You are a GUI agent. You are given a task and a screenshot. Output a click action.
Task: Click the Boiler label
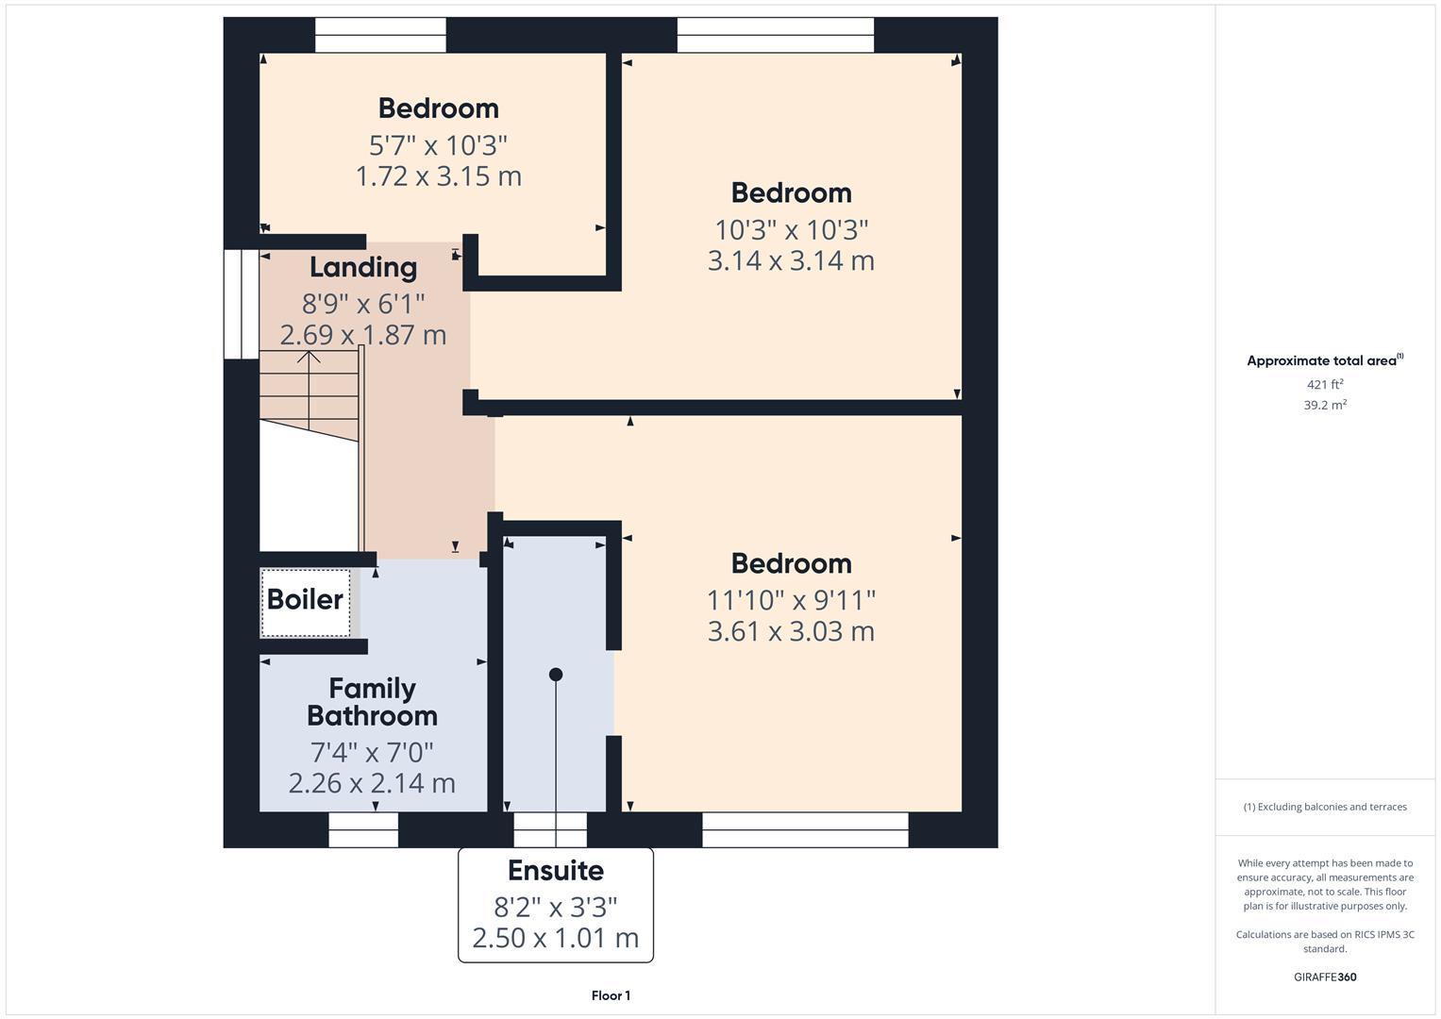point(305,599)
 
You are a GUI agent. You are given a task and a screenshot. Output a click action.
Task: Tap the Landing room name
point(363,268)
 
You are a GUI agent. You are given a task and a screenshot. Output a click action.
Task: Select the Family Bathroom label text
point(372,702)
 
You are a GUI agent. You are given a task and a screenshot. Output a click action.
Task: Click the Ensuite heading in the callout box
point(555,870)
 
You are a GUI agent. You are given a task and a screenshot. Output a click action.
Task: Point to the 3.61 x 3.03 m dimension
point(791,631)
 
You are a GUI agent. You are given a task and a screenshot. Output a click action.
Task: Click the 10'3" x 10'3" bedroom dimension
point(791,229)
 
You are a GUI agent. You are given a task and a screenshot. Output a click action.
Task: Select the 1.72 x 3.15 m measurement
point(438,176)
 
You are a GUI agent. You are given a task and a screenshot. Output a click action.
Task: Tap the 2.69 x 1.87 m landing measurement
point(363,335)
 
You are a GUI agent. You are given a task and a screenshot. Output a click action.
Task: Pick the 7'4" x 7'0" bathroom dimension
point(372,752)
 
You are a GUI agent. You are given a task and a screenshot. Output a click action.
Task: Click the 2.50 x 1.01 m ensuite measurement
point(555,938)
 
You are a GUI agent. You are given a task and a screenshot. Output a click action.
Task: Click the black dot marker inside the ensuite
point(556,675)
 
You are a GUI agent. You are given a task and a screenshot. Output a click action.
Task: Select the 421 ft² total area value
point(1325,385)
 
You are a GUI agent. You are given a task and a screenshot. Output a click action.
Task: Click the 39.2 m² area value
point(1325,405)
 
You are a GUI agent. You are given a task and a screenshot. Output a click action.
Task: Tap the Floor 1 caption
point(611,995)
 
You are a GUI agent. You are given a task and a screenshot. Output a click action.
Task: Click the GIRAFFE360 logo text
point(1325,977)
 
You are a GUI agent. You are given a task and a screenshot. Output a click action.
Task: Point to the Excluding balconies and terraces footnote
point(1325,807)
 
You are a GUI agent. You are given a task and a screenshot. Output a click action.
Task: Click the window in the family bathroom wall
point(363,830)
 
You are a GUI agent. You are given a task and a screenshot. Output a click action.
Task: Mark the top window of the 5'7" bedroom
point(380,36)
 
